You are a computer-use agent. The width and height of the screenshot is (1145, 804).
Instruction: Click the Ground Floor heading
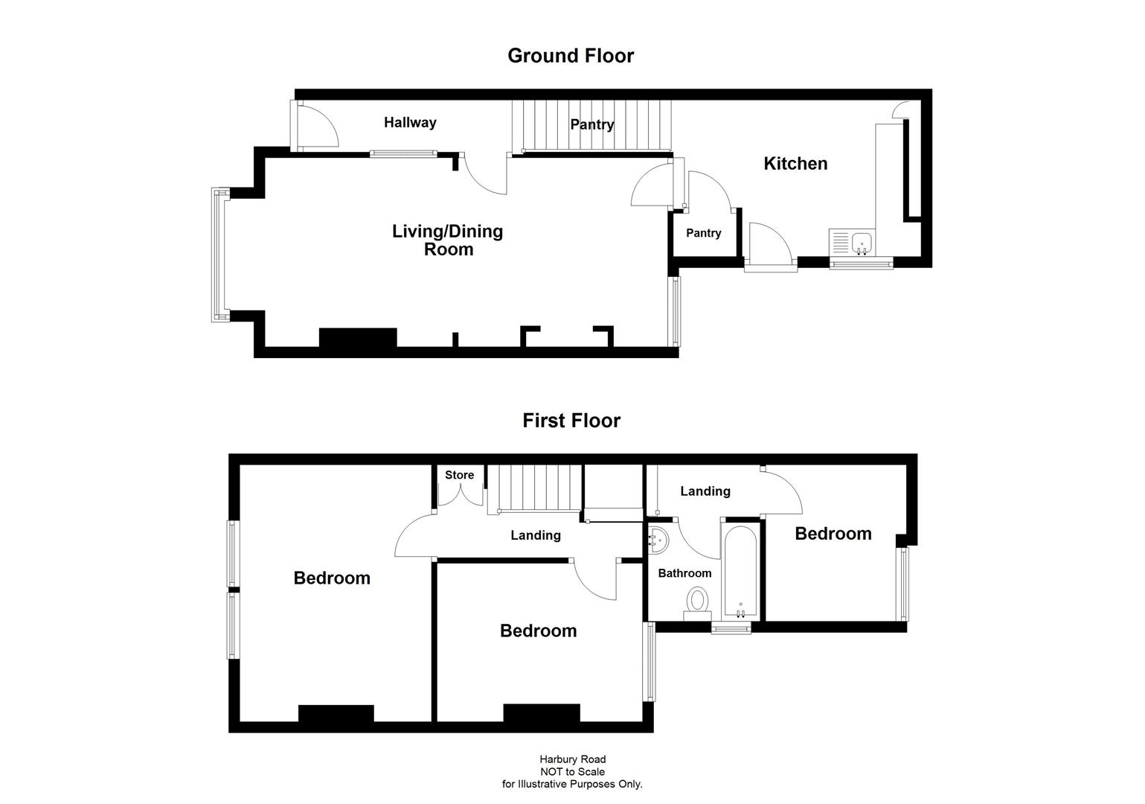tap(570, 56)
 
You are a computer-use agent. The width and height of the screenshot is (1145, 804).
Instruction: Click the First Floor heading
tap(571, 421)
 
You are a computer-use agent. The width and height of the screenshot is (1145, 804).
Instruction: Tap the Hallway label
tap(410, 123)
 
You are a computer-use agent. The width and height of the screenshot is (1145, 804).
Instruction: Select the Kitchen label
tap(795, 164)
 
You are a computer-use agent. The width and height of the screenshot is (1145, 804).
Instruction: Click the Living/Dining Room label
tap(448, 240)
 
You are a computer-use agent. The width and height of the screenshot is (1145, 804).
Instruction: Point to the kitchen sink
tap(862, 241)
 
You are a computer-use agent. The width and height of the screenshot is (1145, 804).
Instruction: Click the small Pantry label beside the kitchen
tap(703, 233)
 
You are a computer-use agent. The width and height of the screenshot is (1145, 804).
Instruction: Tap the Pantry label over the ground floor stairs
tap(591, 124)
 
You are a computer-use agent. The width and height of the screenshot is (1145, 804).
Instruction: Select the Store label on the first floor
tap(459, 475)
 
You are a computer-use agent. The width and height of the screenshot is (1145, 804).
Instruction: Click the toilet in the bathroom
tap(698, 600)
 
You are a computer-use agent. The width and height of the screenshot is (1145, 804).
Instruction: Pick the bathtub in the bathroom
tap(740, 569)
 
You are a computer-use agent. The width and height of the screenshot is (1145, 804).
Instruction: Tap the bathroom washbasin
tap(658, 541)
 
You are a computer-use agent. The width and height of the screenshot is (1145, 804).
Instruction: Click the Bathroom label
tap(684, 573)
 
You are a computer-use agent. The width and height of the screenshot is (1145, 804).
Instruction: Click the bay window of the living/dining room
tap(219, 255)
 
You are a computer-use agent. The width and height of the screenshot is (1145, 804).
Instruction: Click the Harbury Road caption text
tap(572, 759)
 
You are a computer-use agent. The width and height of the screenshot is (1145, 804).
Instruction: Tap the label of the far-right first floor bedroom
tap(833, 534)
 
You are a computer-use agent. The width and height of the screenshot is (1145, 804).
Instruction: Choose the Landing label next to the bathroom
tap(705, 491)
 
